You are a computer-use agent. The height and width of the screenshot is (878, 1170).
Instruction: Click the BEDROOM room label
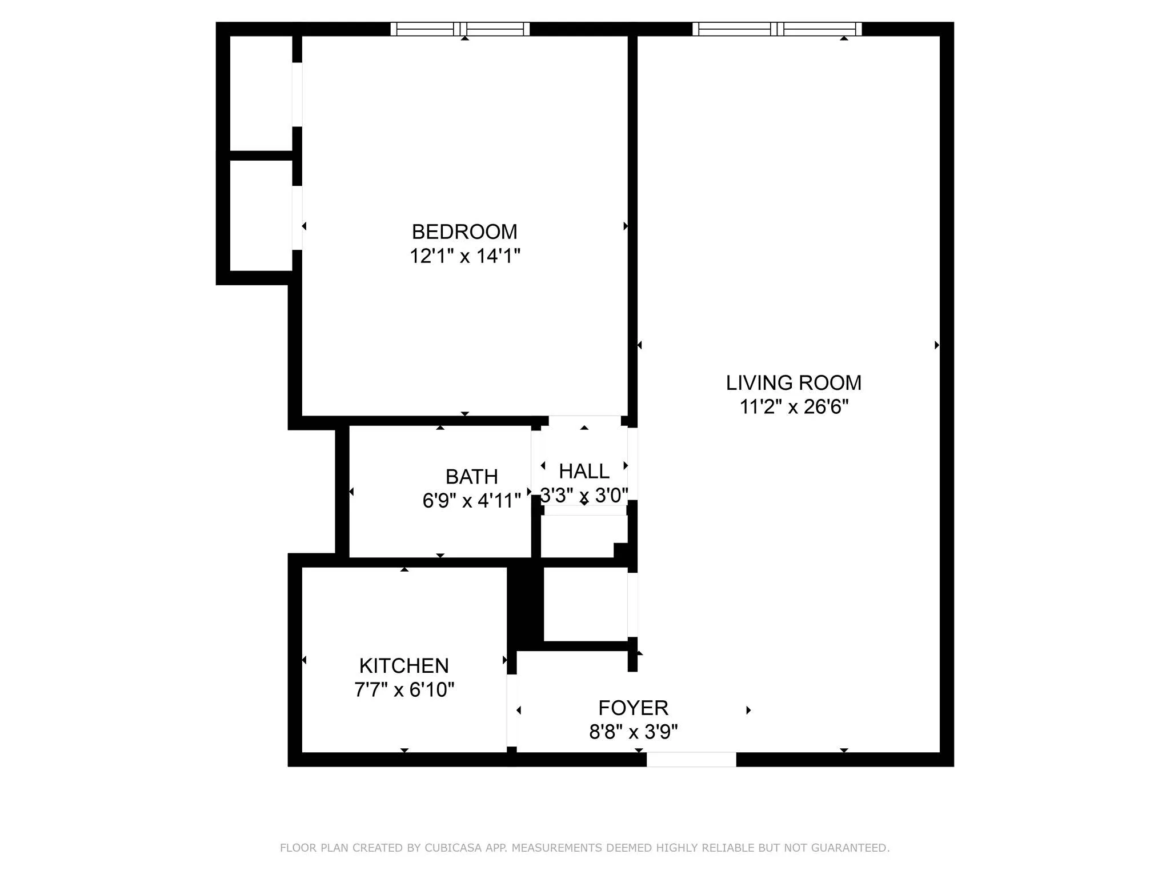tap(464, 232)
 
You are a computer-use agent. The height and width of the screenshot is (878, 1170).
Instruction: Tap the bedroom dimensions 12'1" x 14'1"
tap(464, 256)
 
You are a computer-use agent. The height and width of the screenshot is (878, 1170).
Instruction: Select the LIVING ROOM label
tap(794, 382)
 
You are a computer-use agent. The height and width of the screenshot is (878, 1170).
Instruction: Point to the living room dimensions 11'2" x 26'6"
tap(794, 406)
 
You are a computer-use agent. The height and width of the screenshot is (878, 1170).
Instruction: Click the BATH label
tap(471, 476)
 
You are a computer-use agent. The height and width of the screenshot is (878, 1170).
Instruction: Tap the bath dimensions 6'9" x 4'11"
tap(471, 500)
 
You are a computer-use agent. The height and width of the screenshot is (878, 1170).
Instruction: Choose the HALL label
tap(584, 471)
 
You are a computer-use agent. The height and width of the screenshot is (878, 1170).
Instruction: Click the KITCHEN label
tap(404, 665)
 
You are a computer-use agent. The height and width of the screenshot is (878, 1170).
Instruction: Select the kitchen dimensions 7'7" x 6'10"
tap(404, 689)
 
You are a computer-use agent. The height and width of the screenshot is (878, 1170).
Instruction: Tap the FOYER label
tap(633, 708)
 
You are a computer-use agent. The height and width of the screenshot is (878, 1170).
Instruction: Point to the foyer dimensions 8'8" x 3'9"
tap(633, 732)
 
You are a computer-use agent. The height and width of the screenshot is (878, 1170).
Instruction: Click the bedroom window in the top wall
tap(460, 29)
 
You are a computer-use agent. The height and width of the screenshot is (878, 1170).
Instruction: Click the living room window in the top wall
tap(777, 29)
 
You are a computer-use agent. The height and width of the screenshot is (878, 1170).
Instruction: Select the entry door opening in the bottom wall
tap(691, 759)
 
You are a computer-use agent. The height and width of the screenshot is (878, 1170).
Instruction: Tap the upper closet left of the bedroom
tap(261, 93)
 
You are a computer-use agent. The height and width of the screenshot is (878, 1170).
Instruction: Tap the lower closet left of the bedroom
tap(261, 215)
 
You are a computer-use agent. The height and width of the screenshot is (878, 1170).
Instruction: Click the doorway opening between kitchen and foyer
tap(512, 710)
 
